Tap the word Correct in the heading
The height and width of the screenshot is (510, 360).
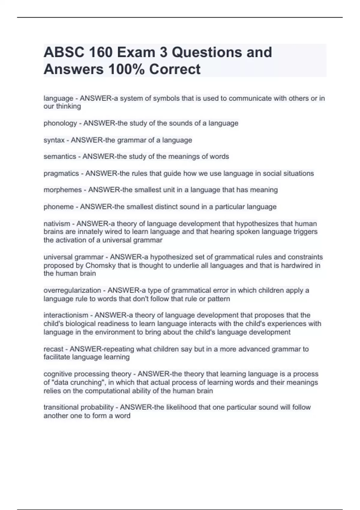click(x=175, y=69)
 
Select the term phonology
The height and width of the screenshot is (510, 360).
click(x=60, y=123)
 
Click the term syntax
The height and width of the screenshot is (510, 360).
click(x=54, y=140)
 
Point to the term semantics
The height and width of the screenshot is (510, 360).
click(x=60, y=157)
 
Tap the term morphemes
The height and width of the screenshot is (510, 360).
click(x=62, y=190)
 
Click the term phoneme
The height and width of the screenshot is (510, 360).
click(x=58, y=207)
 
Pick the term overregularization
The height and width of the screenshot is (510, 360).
click(x=72, y=290)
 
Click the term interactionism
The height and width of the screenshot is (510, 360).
click(x=66, y=315)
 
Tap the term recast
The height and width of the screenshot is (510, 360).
click(x=53, y=349)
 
